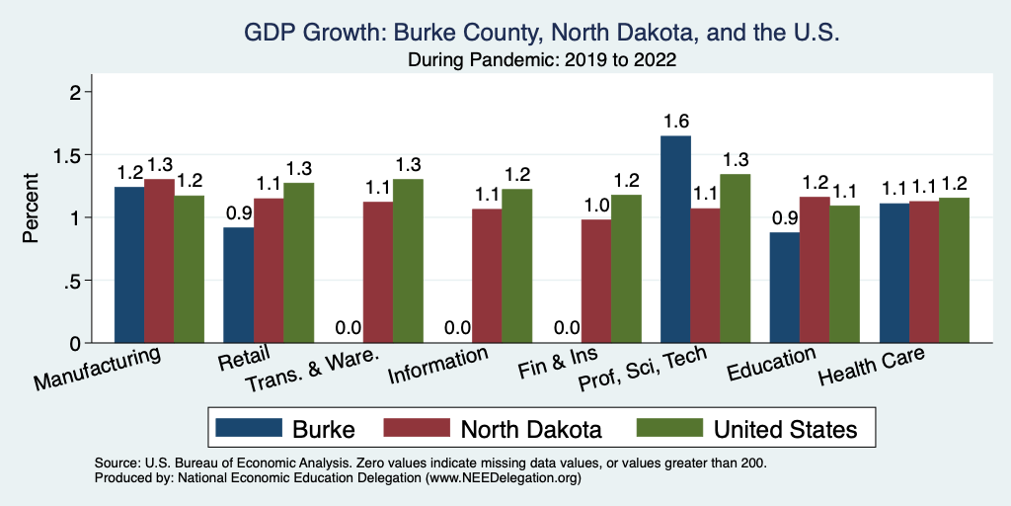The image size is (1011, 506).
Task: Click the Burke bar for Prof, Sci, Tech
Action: [675, 239]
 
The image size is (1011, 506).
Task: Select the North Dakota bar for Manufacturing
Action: [159, 261]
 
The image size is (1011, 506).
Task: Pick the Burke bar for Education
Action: [785, 288]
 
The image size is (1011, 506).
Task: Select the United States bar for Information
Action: [516, 266]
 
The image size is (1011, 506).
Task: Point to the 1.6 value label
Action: [676, 122]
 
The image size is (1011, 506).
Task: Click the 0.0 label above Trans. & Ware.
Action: [349, 328]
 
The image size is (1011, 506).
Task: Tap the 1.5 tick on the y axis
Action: [72, 155]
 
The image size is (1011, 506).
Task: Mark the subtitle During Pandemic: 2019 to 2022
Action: [542, 60]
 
